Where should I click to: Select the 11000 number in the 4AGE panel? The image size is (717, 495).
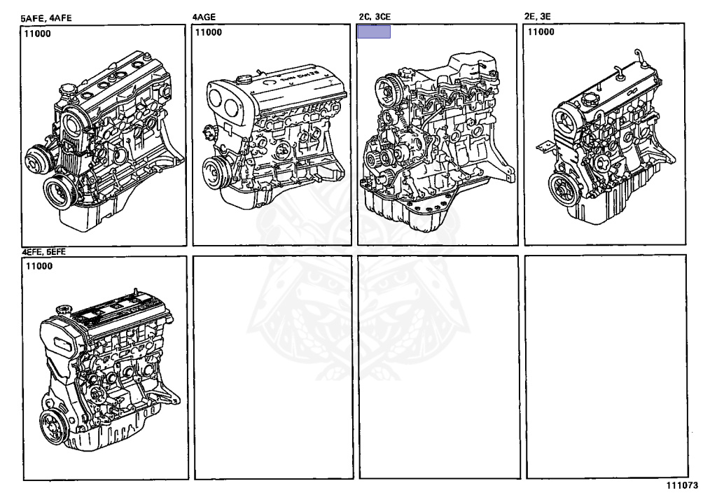click(x=208, y=32)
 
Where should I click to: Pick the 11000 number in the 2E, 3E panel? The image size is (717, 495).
click(x=541, y=32)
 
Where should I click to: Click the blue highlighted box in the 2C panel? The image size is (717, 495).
click(x=374, y=32)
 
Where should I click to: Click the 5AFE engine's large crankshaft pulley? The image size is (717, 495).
click(x=57, y=191)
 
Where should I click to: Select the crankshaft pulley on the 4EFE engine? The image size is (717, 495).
click(x=52, y=424)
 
